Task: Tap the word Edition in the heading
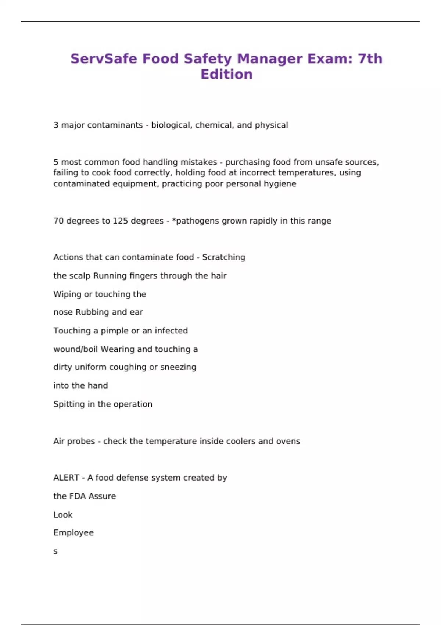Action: (x=226, y=75)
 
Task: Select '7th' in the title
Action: (x=370, y=59)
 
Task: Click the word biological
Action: (x=171, y=125)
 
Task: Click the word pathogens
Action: (x=193, y=221)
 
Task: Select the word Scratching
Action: (x=223, y=257)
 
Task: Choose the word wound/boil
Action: (x=75, y=349)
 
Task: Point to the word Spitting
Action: (x=69, y=404)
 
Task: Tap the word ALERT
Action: (x=66, y=478)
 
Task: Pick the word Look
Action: (x=63, y=515)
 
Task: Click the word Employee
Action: (x=73, y=533)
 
